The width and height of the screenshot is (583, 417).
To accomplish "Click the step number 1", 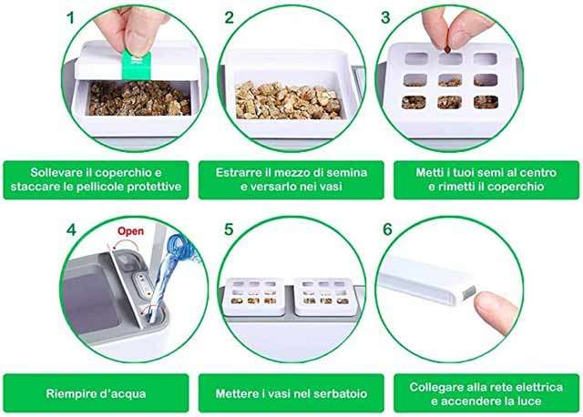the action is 70,18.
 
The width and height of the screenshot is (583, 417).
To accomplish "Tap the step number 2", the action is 229,18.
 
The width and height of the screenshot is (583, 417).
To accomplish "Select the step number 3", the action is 385,18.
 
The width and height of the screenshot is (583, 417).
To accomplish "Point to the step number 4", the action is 71,230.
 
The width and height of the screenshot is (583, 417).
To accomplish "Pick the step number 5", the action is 229,229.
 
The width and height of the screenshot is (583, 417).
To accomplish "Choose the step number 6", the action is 387,229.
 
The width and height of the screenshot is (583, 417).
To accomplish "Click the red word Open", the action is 130,231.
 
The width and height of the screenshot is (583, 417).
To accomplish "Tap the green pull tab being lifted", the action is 137,66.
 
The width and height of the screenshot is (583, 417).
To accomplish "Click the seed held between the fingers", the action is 447,48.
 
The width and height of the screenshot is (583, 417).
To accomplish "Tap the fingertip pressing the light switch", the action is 496,311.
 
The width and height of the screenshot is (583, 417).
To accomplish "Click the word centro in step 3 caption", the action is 537,173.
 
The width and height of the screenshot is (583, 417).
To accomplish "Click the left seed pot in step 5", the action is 253,296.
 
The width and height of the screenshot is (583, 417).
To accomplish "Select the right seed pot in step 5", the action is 324,296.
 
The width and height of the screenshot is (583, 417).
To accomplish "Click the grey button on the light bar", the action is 468,292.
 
